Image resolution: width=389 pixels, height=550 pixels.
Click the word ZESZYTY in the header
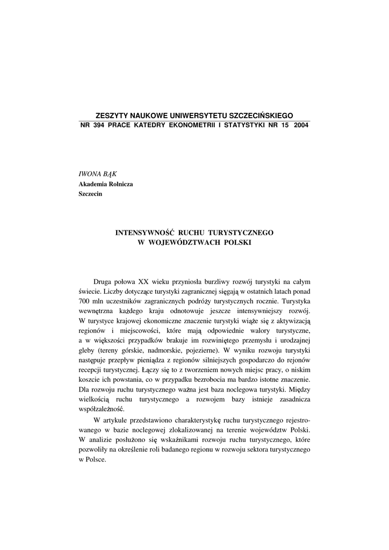(x=111, y=115)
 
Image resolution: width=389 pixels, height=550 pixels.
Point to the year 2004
(x=301, y=125)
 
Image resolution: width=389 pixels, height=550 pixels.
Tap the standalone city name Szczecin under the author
(x=90, y=194)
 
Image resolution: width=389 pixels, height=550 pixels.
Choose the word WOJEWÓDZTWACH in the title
(x=181, y=242)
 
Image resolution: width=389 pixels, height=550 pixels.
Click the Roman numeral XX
(x=143, y=281)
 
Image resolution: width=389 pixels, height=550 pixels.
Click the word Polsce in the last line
(x=96, y=460)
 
